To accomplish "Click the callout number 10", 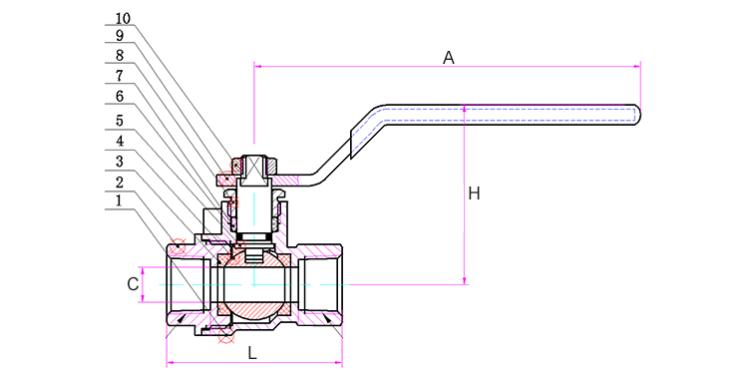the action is pyautogui.click(x=123, y=19).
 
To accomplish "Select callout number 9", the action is pyautogui.click(x=120, y=36).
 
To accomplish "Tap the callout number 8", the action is pyautogui.click(x=120, y=56).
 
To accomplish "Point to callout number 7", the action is pyautogui.click(x=120, y=76).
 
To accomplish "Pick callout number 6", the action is pyautogui.click(x=120, y=97).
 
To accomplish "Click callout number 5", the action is pyautogui.click(x=120, y=121).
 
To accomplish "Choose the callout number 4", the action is pyautogui.click(x=120, y=142).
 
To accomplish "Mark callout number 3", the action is pyautogui.click(x=120, y=162).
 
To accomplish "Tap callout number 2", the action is pyautogui.click(x=120, y=183).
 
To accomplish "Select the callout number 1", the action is pyautogui.click(x=120, y=200).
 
